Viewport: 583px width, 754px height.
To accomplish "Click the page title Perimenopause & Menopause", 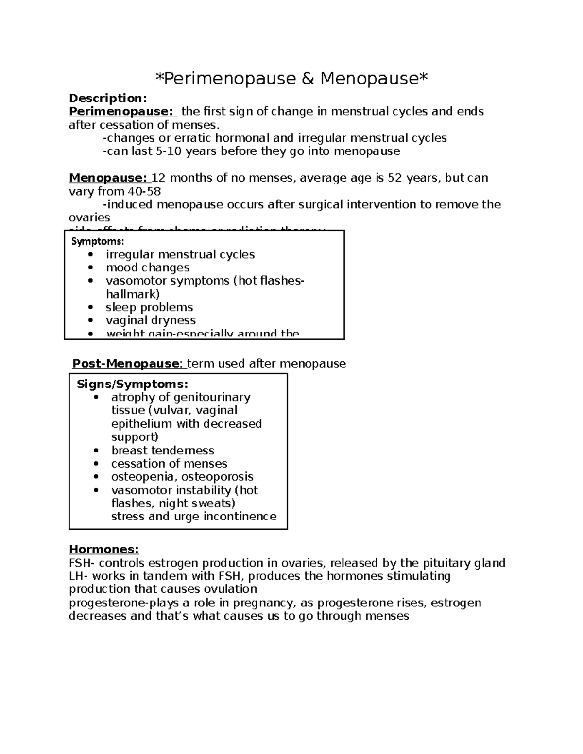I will click(x=291, y=78).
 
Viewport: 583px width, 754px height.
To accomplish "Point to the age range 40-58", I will click(x=144, y=191).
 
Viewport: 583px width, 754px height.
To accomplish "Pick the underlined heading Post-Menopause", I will click(x=126, y=364).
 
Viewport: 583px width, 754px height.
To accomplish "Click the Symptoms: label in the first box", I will click(x=98, y=241).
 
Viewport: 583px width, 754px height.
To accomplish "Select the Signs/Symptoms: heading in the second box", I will click(x=132, y=385).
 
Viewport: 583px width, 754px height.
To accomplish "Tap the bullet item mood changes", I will click(x=148, y=268).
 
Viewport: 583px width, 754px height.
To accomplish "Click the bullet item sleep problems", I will click(x=149, y=308).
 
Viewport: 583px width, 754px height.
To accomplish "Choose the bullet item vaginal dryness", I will click(x=151, y=321).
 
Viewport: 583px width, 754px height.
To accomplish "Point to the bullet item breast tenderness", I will click(x=163, y=451).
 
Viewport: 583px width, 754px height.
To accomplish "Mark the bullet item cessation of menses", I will click(x=169, y=464).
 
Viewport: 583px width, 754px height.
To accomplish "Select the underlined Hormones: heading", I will click(x=104, y=550).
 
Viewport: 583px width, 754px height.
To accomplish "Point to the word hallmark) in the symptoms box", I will click(x=133, y=294).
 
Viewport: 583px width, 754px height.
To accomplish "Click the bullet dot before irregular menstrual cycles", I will click(x=90, y=255).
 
